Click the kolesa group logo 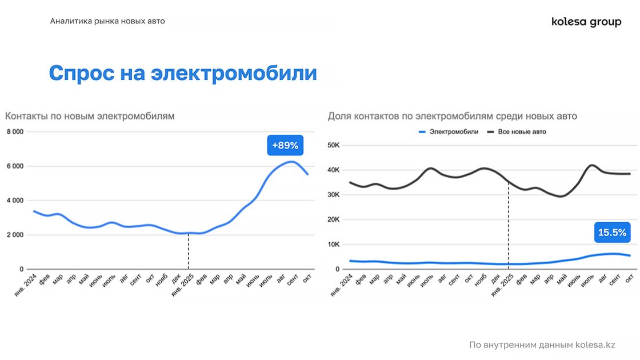[586, 22]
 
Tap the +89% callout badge [285, 145]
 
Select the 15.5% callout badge [612, 233]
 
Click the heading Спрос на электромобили [182, 73]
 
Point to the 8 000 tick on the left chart [14, 132]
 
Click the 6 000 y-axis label [14, 166]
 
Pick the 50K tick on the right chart [333, 145]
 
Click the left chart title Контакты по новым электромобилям [90, 116]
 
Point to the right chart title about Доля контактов [452, 116]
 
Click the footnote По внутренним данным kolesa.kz [542, 345]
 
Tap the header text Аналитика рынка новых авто [107, 21]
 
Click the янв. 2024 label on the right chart [342, 286]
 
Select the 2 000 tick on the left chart [14, 235]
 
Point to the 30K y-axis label [333, 195]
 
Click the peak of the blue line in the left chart [291, 162]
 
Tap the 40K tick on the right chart [333, 170]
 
